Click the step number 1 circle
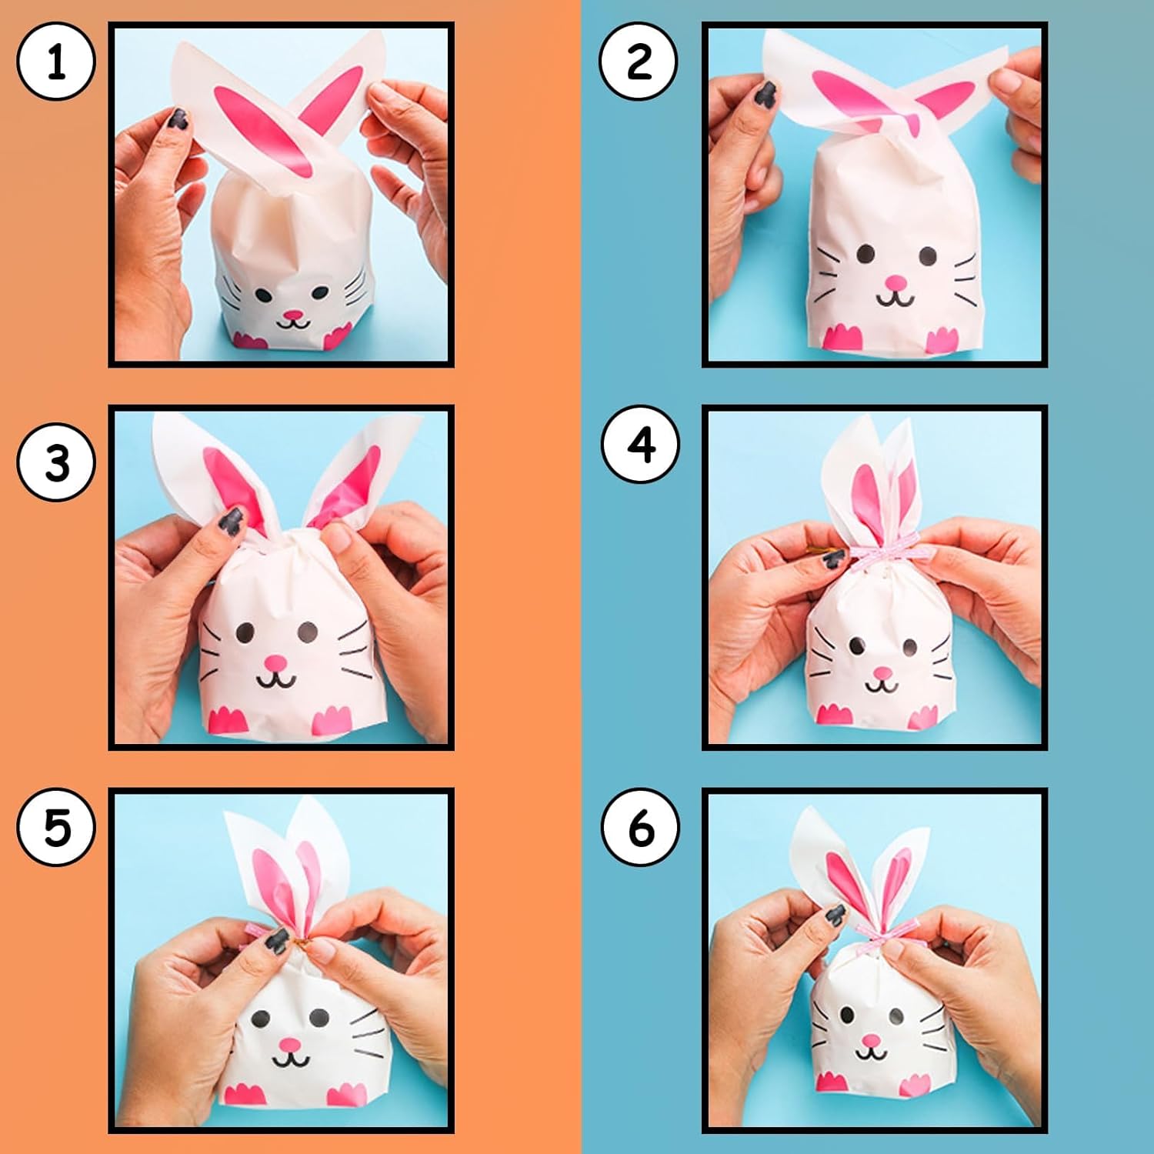pos(56,62)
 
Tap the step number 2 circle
pos(639,62)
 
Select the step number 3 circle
pos(56,463)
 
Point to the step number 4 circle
pos(641,445)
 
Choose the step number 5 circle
pos(56,828)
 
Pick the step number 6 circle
pos(641,828)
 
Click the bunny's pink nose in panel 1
pos(294,315)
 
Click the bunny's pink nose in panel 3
pos(276,662)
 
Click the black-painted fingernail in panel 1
pos(178,119)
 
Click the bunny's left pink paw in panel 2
pos(842,337)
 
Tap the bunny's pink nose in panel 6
pos(871,1041)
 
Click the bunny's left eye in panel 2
pos(866,253)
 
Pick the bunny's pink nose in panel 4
pos(882,673)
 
